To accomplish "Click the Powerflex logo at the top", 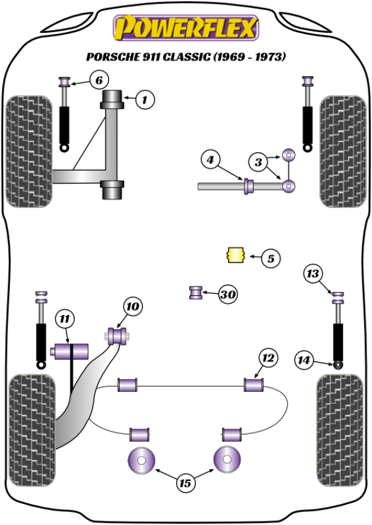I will pyautogui.click(x=184, y=28).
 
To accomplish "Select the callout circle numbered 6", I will pyautogui.click(x=99, y=80).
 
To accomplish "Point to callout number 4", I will pyautogui.click(x=211, y=161).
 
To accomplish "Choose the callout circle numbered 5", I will pyautogui.click(x=270, y=258).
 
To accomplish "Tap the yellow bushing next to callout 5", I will pyautogui.click(x=235, y=254).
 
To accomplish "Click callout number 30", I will pyautogui.click(x=228, y=295).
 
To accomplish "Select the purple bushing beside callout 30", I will pyautogui.click(x=196, y=292).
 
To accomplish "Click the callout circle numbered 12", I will pyautogui.click(x=268, y=358).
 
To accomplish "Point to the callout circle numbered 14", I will pyautogui.click(x=303, y=359).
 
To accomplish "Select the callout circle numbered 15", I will pyautogui.click(x=185, y=482).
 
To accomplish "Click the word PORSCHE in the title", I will pyautogui.click(x=110, y=57).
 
